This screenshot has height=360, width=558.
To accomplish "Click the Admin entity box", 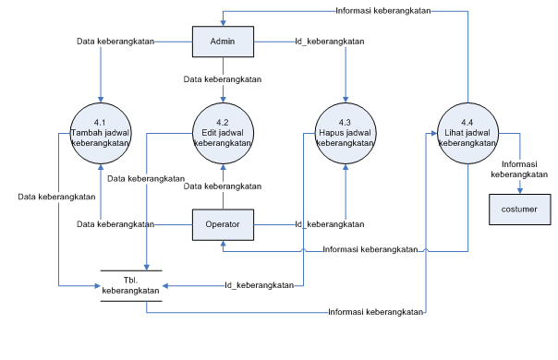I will [223, 42].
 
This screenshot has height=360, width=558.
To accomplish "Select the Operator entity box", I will [223, 224].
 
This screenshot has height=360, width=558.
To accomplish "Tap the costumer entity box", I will [520, 210].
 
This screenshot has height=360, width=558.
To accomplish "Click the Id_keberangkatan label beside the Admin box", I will [329, 42].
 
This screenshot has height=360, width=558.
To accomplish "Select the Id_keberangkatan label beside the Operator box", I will [329, 224].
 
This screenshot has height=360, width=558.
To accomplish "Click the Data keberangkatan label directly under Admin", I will [223, 79].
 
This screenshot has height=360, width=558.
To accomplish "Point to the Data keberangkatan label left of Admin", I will [116, 42].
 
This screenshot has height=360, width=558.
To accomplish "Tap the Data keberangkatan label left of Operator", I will [115, 224].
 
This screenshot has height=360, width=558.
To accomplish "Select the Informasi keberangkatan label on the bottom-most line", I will [376, 312].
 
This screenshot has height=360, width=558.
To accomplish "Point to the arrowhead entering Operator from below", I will [223, 244].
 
